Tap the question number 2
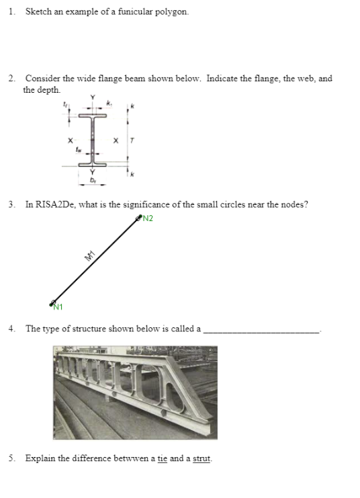click(12, 79)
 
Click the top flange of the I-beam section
click(95, 116)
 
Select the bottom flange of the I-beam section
click(95, 163)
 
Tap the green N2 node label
click(148, 217)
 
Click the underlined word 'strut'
click(202, 459)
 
